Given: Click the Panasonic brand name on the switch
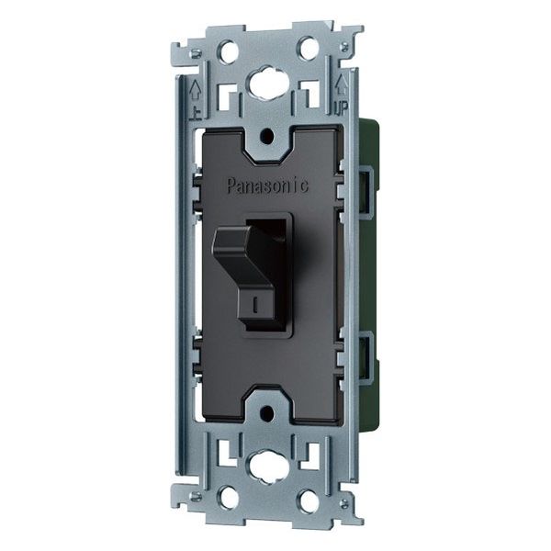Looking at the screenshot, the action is (268, 186).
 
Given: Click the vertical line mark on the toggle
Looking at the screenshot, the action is (255, 305).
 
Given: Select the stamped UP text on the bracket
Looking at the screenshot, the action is (341, 107).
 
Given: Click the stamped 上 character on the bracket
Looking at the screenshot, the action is (196, 113).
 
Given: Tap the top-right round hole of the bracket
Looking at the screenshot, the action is (309, 47).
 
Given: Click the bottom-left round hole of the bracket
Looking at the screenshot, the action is (229, 499).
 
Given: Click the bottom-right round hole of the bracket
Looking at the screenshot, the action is (309, 501).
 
